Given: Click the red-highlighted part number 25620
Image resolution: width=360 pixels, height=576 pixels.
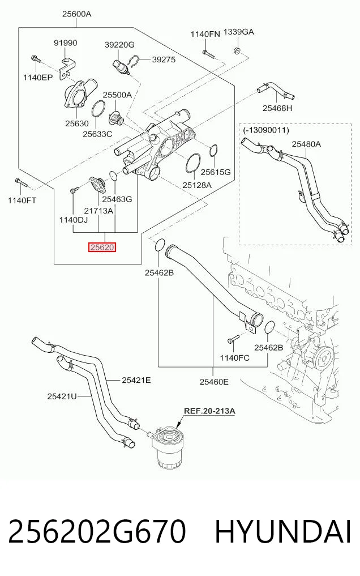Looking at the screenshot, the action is click(x=102, y=248).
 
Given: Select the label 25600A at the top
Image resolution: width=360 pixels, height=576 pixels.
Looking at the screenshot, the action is click(x=76, y=14).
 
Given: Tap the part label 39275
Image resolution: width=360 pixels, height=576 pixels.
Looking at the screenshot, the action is click(x=164, y=59).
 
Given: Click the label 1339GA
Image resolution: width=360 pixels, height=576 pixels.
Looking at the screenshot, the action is click(x=238, y=32).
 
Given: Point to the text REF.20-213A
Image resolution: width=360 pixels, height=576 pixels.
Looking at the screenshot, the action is click(x=209, y=410).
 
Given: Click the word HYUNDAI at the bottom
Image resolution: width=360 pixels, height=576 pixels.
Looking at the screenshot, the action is click(x=282, y=532).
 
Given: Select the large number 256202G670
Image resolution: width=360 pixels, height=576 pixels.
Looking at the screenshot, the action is click(x=97, y=532).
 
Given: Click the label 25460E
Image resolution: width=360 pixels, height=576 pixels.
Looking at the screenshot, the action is click(x=214, y=382).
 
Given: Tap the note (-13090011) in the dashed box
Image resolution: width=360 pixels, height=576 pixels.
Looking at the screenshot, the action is click(x=266, y=130).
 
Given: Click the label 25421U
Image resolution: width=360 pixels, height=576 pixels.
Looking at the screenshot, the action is click(x=62, y=396).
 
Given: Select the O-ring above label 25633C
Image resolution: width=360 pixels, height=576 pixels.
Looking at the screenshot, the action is click(x=97, y=109).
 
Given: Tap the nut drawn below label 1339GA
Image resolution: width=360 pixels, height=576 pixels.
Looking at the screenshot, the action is click(x=237, y=50).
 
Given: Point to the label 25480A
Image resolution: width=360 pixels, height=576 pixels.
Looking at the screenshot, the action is click(x=306, y=144).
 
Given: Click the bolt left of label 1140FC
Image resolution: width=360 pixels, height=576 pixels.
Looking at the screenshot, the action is click(x=233, y=338).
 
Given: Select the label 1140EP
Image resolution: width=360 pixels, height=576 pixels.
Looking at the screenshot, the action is click(x=38, y=77).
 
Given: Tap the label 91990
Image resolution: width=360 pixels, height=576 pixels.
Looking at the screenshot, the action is click(x=66, y=42).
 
